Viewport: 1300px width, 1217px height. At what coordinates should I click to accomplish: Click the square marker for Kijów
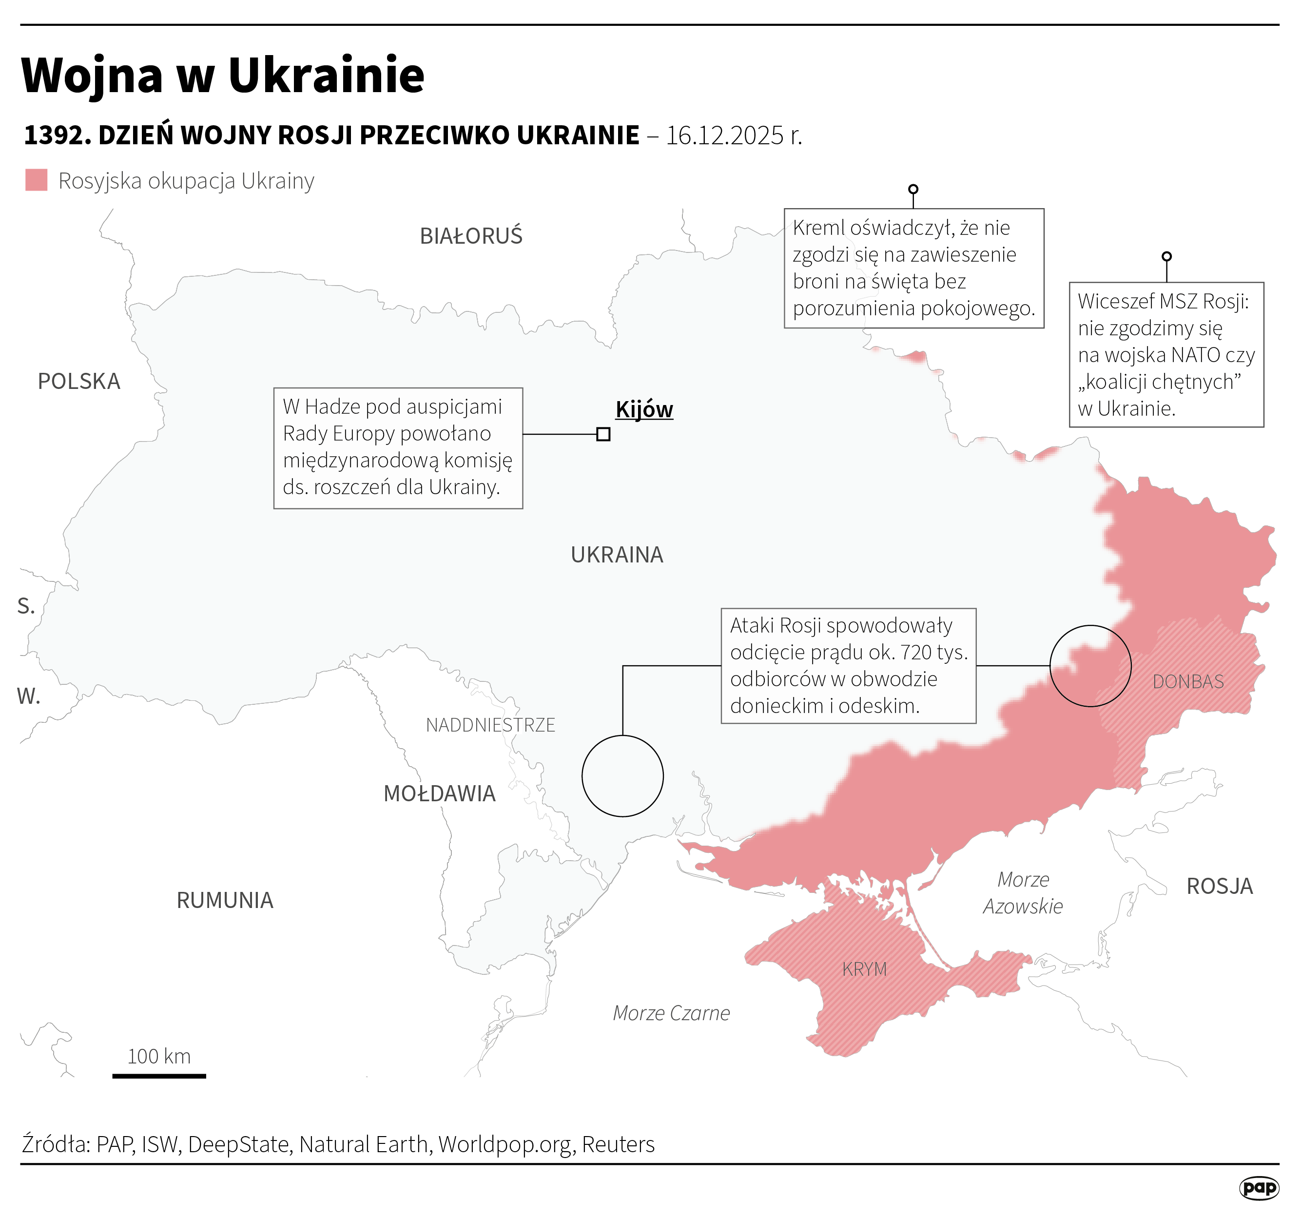(x=603, y=434)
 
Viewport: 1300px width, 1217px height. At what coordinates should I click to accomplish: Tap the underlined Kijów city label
(x=643, y=409)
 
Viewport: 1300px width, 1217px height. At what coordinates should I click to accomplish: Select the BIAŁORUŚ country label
(x=471, y=236)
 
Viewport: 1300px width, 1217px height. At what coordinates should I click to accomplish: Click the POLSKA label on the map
(x=79, y=381)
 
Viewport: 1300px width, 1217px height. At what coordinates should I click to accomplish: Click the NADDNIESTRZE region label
(x=490, y=725)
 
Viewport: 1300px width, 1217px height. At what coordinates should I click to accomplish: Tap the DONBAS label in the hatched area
(x=1187, y=681)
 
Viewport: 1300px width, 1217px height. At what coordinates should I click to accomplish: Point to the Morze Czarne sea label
(x=671, y=1013)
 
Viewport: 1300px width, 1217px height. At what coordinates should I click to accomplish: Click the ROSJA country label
(x=1220, y=886)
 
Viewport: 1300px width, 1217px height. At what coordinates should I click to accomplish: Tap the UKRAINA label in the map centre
(x=617, y=555)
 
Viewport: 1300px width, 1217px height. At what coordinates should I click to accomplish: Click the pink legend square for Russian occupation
(x=37, y=180)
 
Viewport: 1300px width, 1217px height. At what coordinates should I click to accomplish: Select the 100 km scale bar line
(x=159, y=1076)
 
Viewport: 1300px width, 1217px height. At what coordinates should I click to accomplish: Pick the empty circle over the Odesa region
(x=622, y=775)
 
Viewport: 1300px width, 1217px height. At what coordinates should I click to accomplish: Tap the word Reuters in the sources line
(x=618, y=1144)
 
